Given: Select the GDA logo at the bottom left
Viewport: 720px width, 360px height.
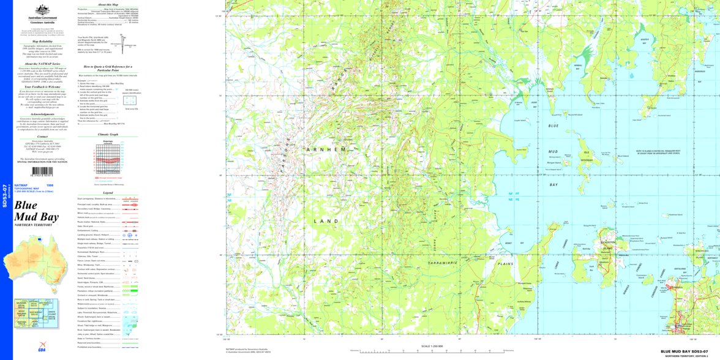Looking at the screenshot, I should [42, 344].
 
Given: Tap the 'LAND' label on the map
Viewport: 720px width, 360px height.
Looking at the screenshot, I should [326, 220].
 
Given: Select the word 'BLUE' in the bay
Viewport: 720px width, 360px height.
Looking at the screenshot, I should [553, 126].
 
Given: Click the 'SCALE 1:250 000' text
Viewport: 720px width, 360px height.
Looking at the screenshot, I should [432, 347].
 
